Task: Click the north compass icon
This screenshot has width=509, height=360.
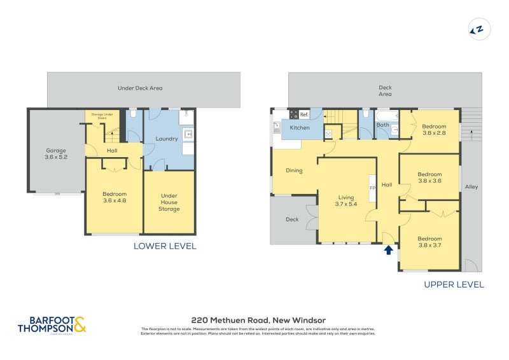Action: (477, 29)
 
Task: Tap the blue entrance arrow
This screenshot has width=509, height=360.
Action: (388, 250)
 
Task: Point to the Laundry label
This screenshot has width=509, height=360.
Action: (166, 139)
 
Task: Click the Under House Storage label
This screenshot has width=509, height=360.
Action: (169, 202)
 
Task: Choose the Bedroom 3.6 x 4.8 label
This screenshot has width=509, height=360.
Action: (115, 198)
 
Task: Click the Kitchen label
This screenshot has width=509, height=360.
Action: (300, 128)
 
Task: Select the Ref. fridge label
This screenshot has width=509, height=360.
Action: (304, 114)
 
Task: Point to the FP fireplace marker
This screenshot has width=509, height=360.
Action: (373, 188)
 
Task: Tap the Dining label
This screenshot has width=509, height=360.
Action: (294, 170)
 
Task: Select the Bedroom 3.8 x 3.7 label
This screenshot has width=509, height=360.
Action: (429, 242)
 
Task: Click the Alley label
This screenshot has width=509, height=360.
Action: (471, 187)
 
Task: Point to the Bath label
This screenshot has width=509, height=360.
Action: (382, 125)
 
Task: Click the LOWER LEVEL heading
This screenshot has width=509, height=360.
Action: (165, 246)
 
